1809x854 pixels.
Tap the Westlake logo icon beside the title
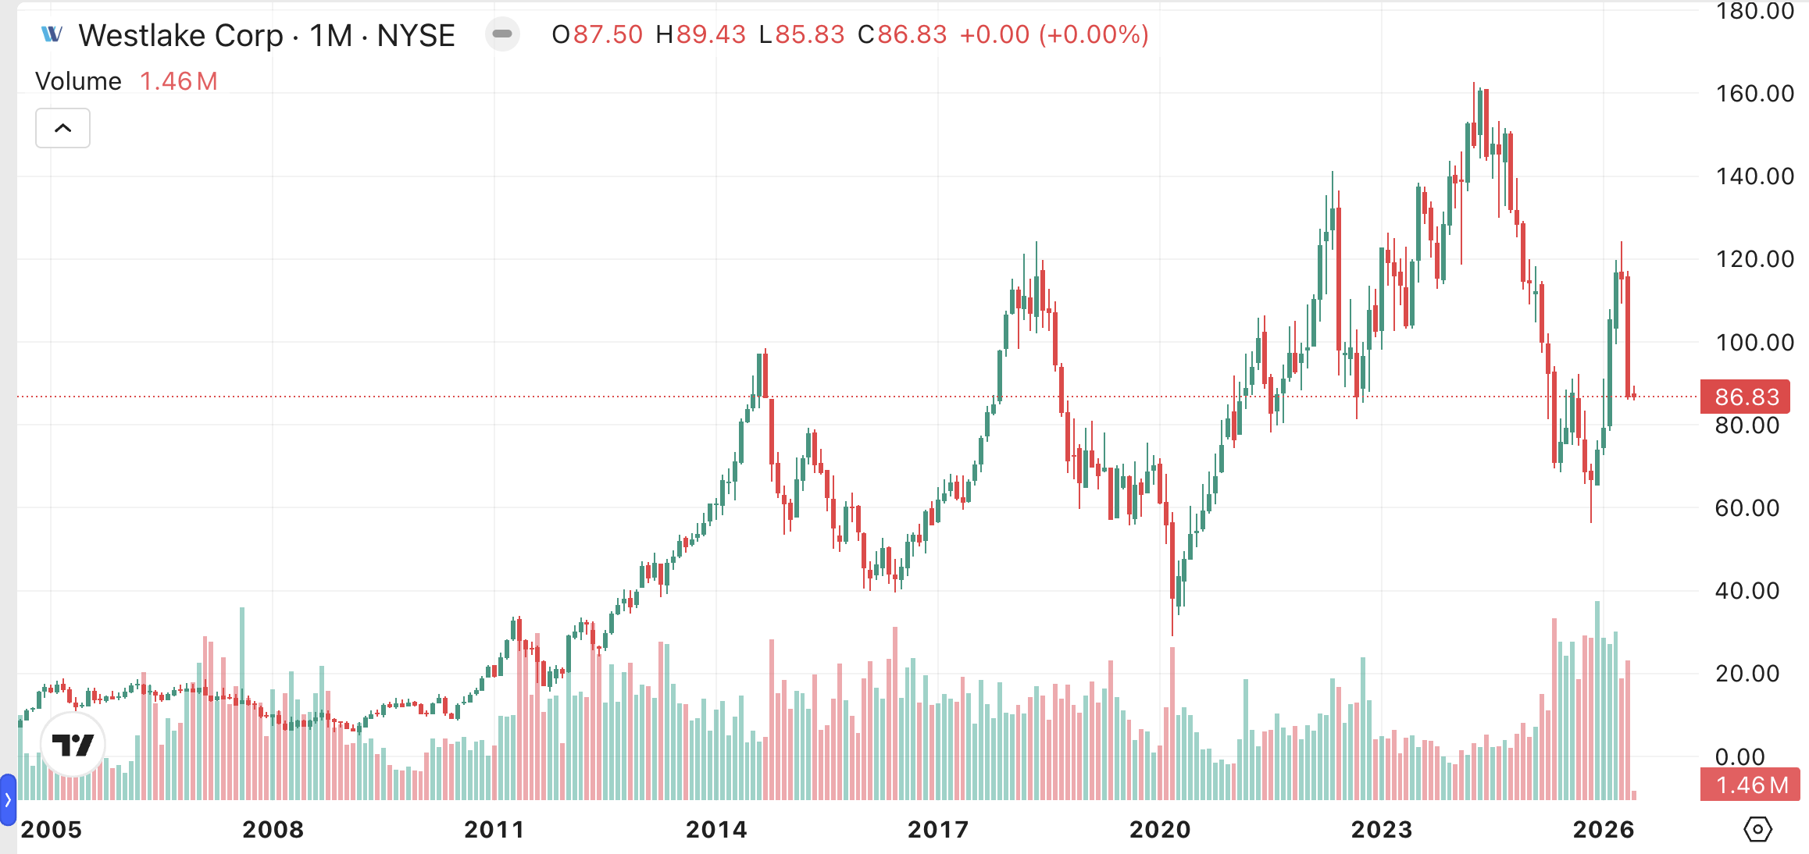click(x=52, y=34)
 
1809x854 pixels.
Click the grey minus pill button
click(x=502, y=34)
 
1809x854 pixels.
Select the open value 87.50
click(x=608, y=35)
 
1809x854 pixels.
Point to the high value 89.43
click(x=711, y=35)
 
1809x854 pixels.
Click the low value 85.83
click(x=809, y=35)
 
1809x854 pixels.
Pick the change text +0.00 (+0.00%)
click(x=1054, y=35)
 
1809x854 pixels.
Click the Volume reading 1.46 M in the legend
click(x=178, y=81)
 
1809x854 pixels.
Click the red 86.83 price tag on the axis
click(x=1746, y=397)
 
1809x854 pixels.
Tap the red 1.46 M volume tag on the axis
click(x=1750, y=785)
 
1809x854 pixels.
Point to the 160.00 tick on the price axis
click(x=1754, y=94)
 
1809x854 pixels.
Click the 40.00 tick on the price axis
click(x=1747, y=591)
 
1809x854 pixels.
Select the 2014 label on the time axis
click(x=716, y=829)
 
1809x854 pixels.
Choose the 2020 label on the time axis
click(x=1160, y=829)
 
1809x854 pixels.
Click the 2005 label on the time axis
click(x=52, y=829)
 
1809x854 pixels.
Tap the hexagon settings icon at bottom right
click(x=1757, y=829)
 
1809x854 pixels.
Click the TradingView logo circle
click(x=73, y=745)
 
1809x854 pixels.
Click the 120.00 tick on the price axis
click(x=1754, y=259)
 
